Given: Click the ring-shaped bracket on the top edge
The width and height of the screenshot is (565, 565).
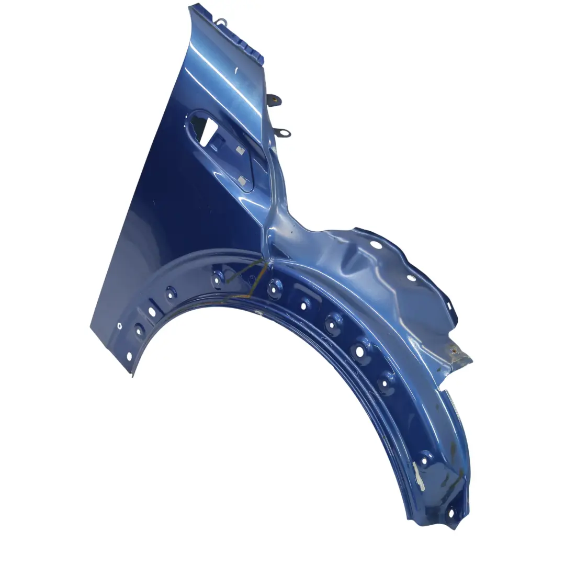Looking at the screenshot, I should pyautogui.click(x=222, y=22).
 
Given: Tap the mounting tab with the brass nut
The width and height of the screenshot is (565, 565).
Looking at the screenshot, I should pyautogui.click(x=273, y=99).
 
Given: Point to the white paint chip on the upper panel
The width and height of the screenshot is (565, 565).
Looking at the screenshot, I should pyautogui.click(x=236, y=70).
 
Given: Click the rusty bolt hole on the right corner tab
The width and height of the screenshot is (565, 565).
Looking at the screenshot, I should pyautogui.click(x=453, y=351).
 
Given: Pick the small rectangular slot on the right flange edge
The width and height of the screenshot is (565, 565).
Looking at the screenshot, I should pyautogui.click(x=448, y=306).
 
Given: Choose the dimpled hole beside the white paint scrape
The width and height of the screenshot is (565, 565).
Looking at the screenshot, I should pyautogui.click(x=425, y=459).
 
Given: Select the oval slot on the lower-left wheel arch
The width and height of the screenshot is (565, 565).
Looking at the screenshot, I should pyautogui.click(x=152, y=312).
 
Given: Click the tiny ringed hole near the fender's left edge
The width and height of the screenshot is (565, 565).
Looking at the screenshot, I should pyautogui.click(x=120, y=325).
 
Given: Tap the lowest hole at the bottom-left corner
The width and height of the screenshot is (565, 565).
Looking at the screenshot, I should pyautogui.click(x=129, y=356).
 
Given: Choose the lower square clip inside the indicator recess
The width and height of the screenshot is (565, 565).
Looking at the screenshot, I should pyautogui.click(x=241, y=181).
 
